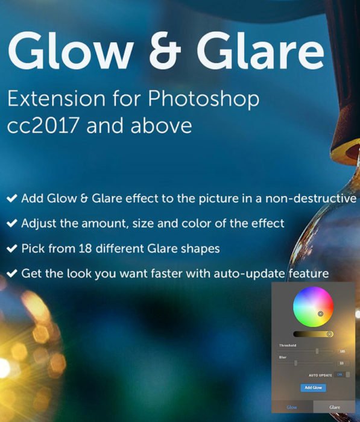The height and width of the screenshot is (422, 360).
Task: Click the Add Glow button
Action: [312, 388]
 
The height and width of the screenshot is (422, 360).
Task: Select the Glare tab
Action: [334, 407]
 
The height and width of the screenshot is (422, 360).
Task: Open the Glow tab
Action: [292, 407]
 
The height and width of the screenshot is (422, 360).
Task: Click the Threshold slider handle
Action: [317, 350]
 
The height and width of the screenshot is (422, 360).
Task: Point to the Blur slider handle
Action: [295, 363]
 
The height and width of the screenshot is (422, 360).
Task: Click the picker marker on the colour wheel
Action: [320, 313]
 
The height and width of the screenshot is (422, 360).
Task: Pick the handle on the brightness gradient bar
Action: [329, 333]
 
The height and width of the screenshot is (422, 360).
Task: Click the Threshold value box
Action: [342, 351]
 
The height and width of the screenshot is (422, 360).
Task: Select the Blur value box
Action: [342, 363]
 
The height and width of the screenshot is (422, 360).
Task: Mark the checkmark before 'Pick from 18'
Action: [11, 248]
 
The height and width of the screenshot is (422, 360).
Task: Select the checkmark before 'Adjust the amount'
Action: [11, 223]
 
